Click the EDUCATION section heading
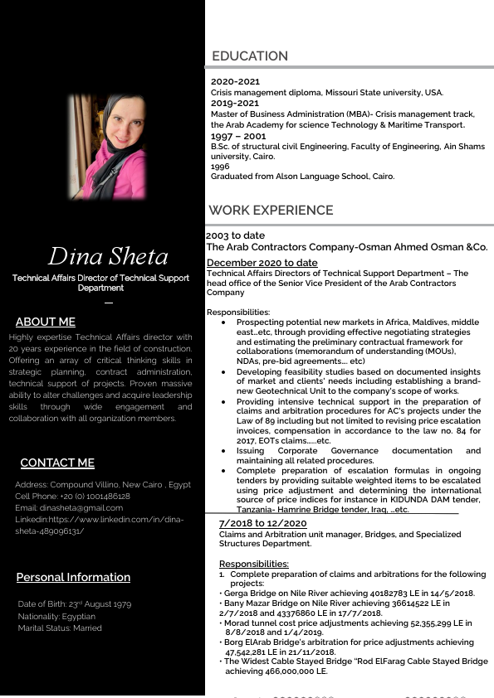click(250, 56)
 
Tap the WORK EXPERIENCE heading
click(271, 211)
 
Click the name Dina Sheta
click(108, 256)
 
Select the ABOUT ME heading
click(45, 322)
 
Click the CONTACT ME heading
click(57, 463)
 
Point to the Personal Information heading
click(73, 577)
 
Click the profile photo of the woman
click(108, 147)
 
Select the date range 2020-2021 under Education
click(235, 81)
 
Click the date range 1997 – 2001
click(238, 136)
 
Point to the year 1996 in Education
click(220, 167)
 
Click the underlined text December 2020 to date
click(262, 263)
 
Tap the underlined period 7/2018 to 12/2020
click(262, 524)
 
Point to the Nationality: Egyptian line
click(56, 617)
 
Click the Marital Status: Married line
click(60, 628)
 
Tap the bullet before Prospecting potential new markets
click(223, 322)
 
